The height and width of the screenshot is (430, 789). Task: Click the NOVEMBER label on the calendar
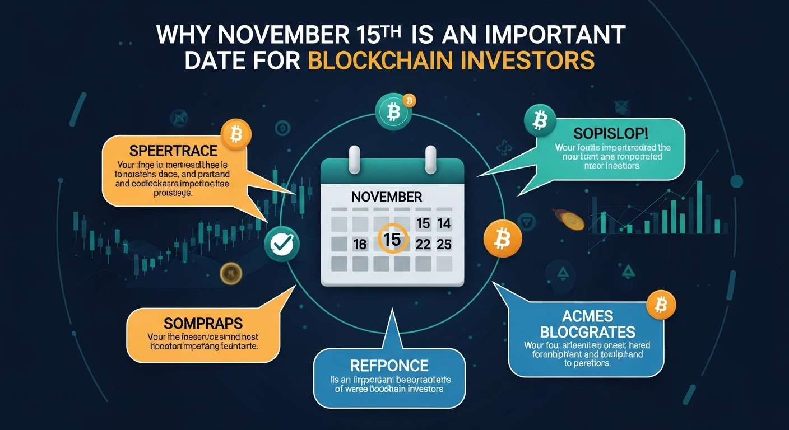(x=387, y=197)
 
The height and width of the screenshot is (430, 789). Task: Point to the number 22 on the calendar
(x=424, y=244)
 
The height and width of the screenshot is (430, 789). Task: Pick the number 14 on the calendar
(x=444, y=224)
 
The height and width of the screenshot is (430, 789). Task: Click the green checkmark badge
(x=282, y=243)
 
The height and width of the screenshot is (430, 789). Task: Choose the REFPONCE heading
(x=389, y=366)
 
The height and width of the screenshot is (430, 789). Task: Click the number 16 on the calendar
(x=360, y=244)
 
